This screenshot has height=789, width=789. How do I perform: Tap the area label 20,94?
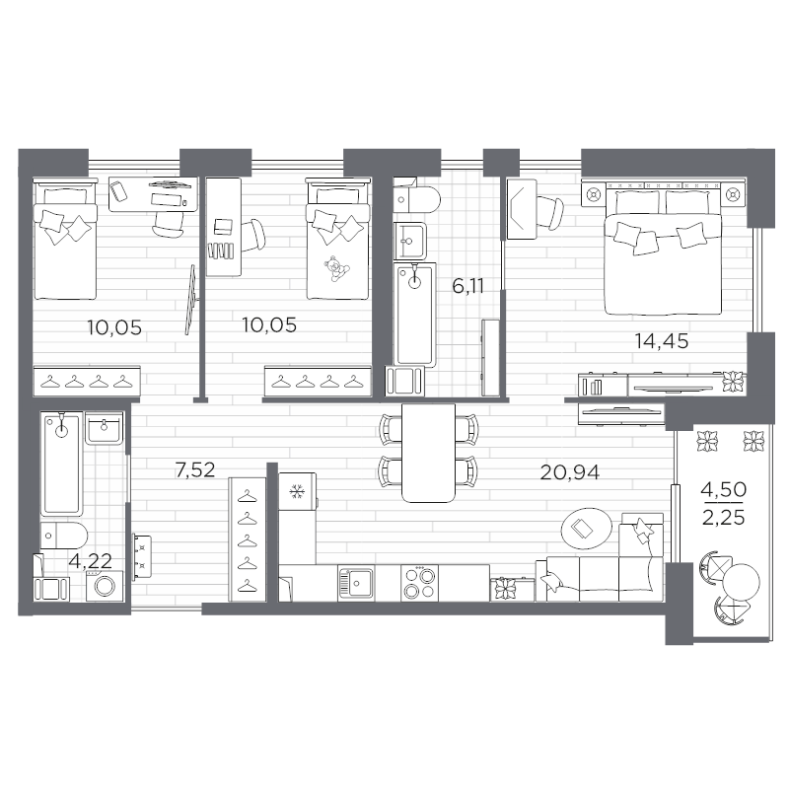570,470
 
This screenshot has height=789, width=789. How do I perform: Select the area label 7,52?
194,470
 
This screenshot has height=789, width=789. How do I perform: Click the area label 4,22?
88,561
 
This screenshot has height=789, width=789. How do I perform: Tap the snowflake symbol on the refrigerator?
294,490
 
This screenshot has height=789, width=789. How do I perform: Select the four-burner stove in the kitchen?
422,582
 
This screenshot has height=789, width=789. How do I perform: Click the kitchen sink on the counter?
356,582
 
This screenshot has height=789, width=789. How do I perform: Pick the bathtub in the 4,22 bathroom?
61,464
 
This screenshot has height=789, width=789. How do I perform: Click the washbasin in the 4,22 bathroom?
103,430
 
